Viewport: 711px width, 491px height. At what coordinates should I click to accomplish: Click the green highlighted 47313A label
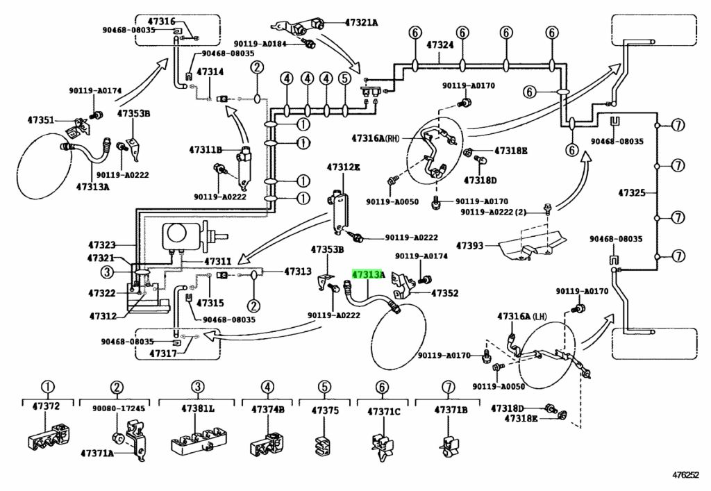coord(368,274)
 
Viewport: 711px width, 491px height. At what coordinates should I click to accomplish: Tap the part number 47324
coord(440,45)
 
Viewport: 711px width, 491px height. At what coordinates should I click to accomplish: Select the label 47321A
coord(361,22)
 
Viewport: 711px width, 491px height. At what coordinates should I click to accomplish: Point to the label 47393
coord(470,246)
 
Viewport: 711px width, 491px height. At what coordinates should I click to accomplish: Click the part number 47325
coord(632,193)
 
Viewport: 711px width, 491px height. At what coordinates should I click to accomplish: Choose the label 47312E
coord(343,167)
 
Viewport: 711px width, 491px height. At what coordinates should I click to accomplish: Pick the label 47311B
coord(206,149)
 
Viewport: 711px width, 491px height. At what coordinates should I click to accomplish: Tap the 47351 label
coord(40,120)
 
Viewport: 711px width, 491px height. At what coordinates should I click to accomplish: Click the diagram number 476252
coord(685,475)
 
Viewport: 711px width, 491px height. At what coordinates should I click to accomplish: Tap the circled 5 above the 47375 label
coord(324,388)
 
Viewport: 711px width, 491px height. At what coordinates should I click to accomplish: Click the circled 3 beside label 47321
coord(106,272)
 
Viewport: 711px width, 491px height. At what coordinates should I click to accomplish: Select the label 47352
coord(445,293)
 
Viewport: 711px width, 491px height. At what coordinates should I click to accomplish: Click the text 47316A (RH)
coord(376,138)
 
